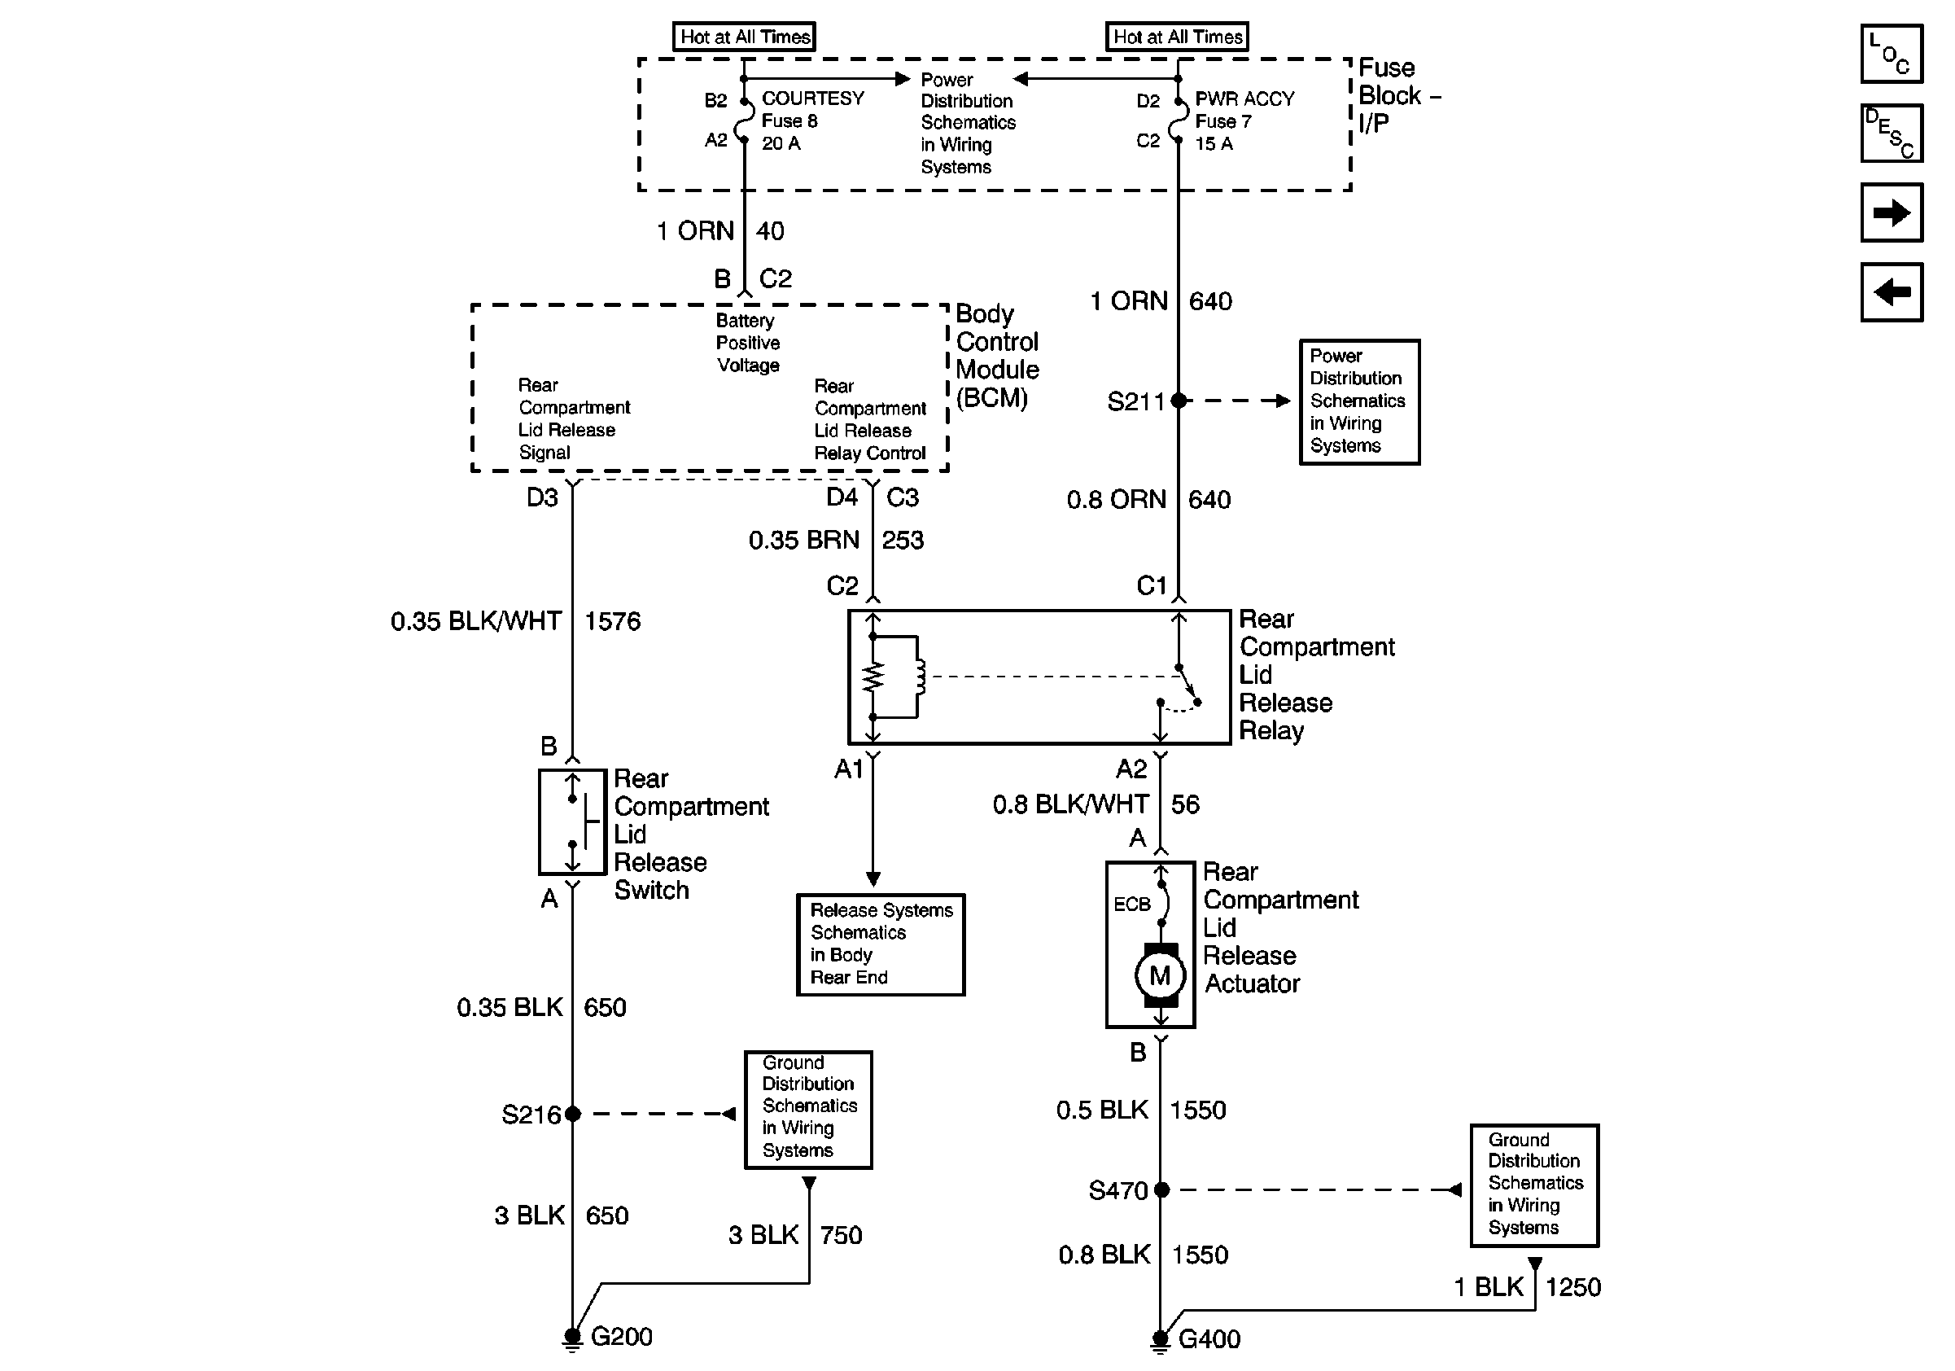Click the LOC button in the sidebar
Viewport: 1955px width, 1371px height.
(x=1892, y=54)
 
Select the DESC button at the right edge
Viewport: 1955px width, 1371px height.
(x=1892, y=133)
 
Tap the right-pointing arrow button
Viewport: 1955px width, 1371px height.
(x=1892, y=212)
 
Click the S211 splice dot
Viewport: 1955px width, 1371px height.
(x=1179, y=401)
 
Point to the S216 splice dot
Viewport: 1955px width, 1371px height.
(x=572, y=1113)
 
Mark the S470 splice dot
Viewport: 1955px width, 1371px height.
(x=1161, y=1189)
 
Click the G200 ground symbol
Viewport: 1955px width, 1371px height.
(x=572, y=1339)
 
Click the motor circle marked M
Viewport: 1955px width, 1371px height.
(x=1160, y=976)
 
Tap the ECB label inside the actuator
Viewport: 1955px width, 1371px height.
(x=1131, y=905)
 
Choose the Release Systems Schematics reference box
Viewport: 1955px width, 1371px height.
(x=881, y=944)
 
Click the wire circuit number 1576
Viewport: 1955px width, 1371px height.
(x=612, y=622)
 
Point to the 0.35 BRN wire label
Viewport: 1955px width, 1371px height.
(x=804, y=540)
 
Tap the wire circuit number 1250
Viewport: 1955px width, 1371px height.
(x=1572, y=1286)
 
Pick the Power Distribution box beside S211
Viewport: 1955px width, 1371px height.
(x=1359, y=402)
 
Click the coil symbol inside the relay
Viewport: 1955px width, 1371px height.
(x=920, y=677)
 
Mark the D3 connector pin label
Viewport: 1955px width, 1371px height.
(x=542, y=497)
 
